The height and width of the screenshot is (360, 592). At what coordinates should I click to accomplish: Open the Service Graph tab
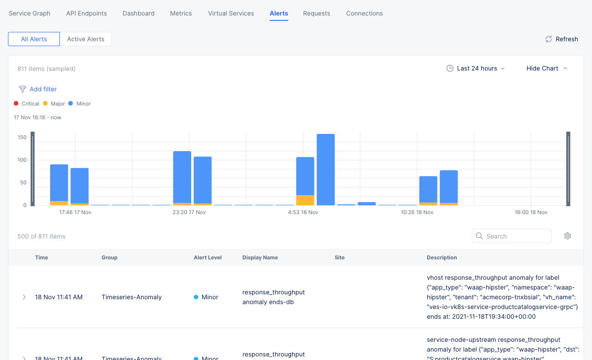point(30,13)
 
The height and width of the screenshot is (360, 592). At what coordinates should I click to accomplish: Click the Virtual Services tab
point(231,13)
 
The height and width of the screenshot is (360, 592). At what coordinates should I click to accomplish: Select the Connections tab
point(364,13)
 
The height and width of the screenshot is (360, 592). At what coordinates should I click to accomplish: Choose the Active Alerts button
point(86,39)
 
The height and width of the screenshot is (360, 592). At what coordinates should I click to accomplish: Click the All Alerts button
point(34,39)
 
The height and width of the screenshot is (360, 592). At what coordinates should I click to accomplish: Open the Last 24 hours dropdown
point(475,68)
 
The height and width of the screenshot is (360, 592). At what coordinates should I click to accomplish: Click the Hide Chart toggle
point(546,68)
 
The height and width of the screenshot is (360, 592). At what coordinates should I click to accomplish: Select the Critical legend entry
point(27,104)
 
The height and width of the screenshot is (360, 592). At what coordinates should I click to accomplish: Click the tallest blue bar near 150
point(325,168)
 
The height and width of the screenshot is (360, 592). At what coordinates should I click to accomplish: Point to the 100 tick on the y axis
point(22,160)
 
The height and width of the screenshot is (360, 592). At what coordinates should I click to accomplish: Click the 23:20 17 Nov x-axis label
point(189,212)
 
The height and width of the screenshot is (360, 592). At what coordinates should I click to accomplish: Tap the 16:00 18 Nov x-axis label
point(531,212)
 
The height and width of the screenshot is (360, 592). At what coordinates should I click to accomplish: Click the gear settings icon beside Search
point(567,236)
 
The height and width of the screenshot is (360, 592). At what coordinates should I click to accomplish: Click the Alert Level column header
point(208,258)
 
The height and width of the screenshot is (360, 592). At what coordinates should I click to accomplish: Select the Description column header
point(442,258)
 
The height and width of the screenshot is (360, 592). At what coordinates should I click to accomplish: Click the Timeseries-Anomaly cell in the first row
point(132,297)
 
